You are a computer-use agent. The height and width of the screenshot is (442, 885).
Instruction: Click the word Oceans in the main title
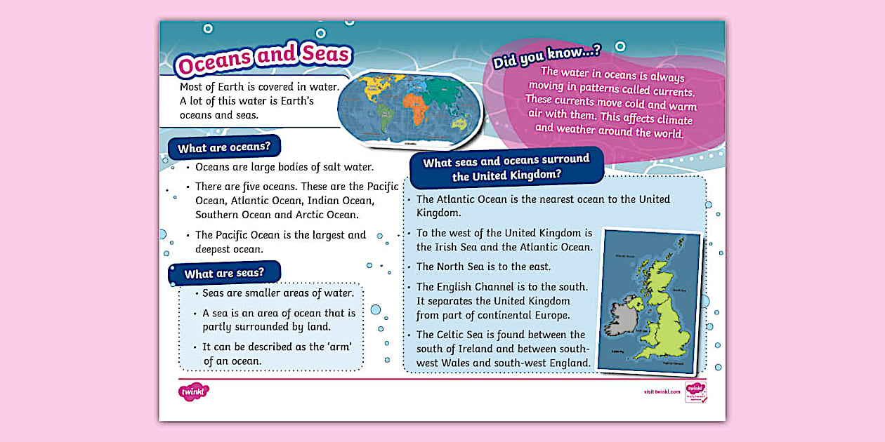tap(215, 63)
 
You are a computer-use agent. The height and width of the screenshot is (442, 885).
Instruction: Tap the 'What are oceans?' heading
tap(224, 148)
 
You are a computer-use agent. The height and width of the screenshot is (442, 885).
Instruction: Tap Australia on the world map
tap(460, 124)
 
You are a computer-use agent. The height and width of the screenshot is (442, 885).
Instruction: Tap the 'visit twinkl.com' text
tap(662, 391)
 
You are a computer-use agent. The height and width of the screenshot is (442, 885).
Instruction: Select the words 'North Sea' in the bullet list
tap(467, 267)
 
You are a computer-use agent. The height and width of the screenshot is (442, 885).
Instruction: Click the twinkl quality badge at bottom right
tap(695, 391)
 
